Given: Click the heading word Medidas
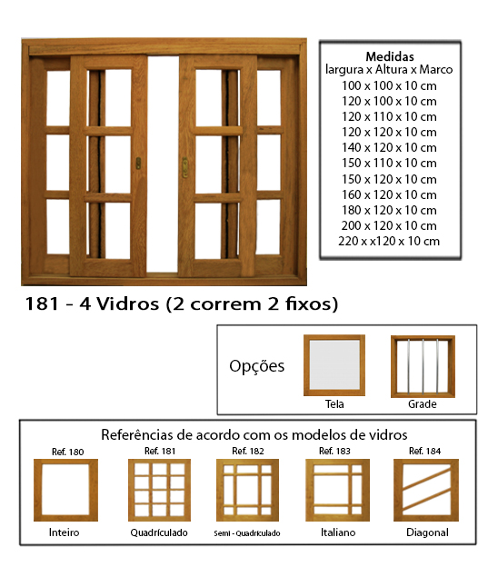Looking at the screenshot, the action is pyautogui.click(x=390, y=56).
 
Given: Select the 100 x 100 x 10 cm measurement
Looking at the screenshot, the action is pyautogui.click(x=389, y=85).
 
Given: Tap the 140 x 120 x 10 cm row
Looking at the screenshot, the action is pyautogui.click(x=389, y=147).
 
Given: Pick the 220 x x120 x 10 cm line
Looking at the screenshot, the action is pyautogui.click(x=389, y=241).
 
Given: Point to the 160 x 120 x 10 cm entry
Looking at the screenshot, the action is pyautogui.click(x=389, y=194).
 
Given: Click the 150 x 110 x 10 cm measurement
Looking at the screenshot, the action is pyautogui.click(x=389, y=163).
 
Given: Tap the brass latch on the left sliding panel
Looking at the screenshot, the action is pyautogui.click(x=138, y=164).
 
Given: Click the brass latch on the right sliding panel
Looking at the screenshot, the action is pyautogui.click(x=184, y=167).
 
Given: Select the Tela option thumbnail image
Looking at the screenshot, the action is pyautogui.click(x=334, y=365).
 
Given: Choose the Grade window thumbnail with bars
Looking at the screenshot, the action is pyautogui.click(x=423, y=366).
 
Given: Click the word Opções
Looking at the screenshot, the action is pyautogui.click(x=257, y=366).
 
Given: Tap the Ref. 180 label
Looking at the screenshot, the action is pyautogui.click(x=67, y=452).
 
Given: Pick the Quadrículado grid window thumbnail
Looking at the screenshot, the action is pyautogui.click(x=160, y=490).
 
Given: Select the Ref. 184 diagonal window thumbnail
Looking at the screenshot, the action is pyautogui.click(x=426, y=490).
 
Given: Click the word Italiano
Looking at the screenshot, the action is pyautogui.click(x=338, y=532).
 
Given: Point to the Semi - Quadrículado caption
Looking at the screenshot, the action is pyautogui.click(x=247, y=533).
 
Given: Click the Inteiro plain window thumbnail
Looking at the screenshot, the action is pyautogui.click(x=65, y=490).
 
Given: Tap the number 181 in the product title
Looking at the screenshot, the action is pyautogui.click(x=42, y=303).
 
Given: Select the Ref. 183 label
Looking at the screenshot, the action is pyautogui.click(x=334, y=451).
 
